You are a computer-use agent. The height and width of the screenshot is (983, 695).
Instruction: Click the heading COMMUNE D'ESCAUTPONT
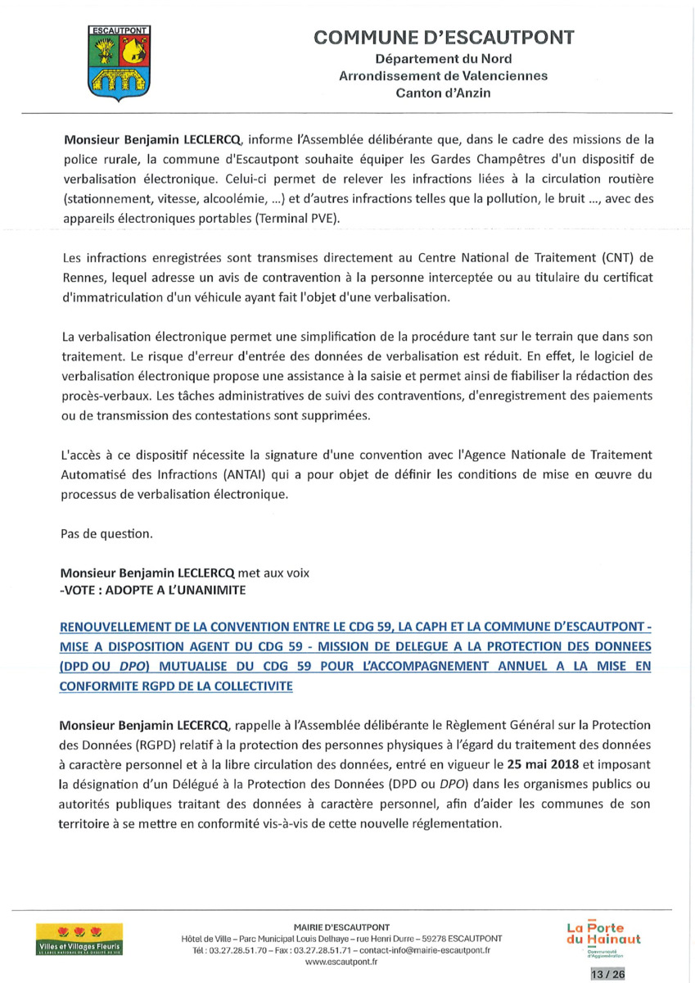coord(444,38)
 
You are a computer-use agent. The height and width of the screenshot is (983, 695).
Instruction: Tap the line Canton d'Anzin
coord(443,93)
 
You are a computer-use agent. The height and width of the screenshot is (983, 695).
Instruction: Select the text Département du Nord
coord(444,59)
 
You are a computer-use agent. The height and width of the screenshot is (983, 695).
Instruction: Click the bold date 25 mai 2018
coord(548,763)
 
